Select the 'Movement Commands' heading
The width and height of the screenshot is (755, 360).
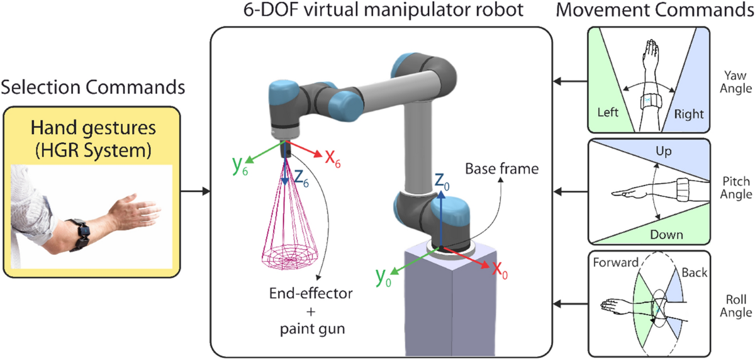click(668, 11)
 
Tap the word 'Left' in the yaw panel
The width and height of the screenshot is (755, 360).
click(608, 113)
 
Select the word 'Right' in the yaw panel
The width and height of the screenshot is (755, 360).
click(688, 115)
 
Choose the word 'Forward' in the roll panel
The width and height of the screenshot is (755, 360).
click(617, 262)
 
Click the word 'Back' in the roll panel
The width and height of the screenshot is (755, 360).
click(694, 273)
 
